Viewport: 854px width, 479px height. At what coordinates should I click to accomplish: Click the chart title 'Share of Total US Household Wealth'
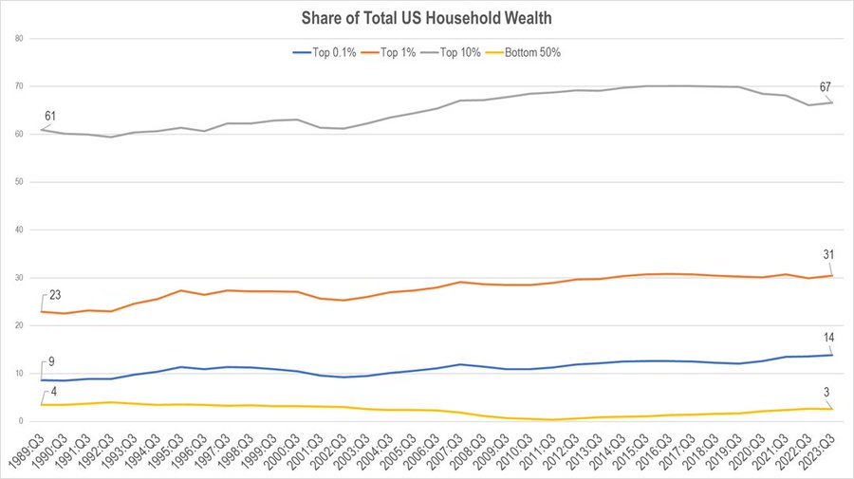pos(426,16)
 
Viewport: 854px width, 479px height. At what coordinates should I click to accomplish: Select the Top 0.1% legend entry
pos(328,52)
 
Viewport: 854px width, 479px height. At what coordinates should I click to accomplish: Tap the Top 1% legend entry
pos(397,52)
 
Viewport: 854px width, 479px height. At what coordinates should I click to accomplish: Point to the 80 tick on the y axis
pos(19,39)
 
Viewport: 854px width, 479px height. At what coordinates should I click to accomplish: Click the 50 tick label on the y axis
pos(19,182)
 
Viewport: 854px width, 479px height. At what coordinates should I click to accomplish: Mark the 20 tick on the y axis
pos(19,325)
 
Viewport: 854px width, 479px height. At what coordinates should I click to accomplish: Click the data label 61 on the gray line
pos(50,117)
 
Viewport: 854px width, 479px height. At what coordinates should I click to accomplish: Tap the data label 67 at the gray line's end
pos(826,88)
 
